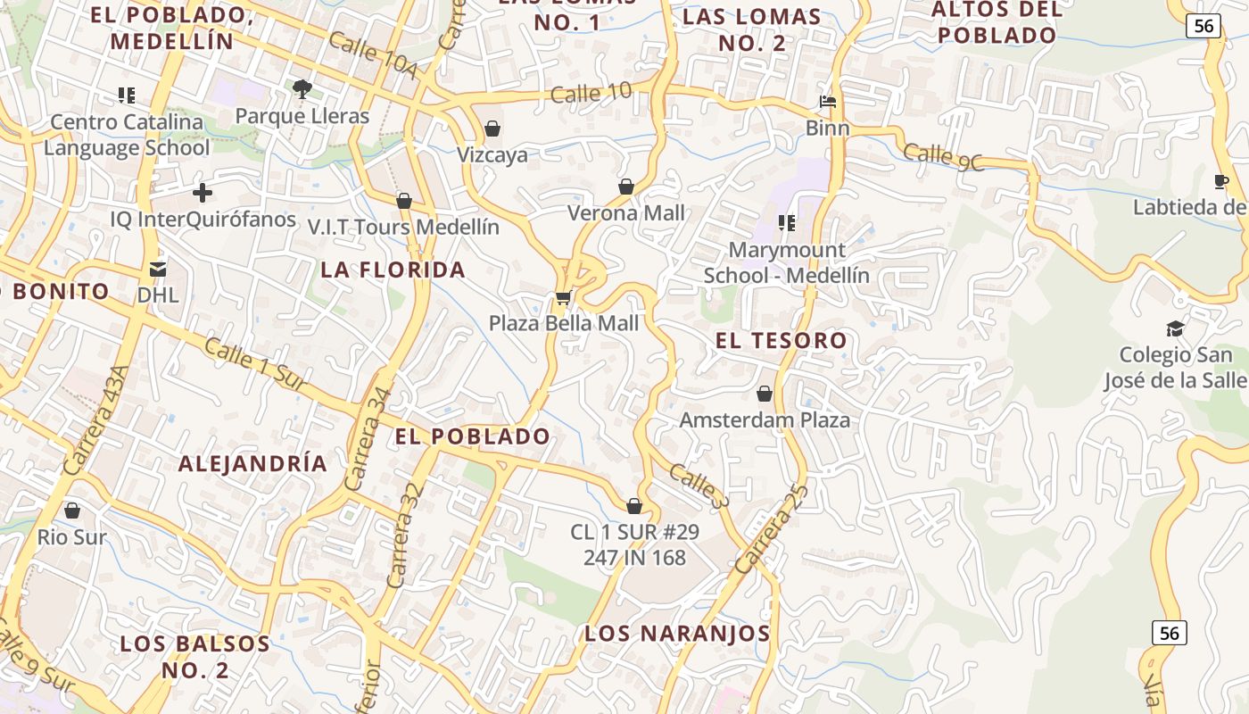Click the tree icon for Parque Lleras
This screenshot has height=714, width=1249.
[x=302, y=88]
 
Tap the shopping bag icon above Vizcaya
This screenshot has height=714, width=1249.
[x=492, y=129]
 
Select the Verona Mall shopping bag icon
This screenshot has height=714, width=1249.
[x=626, y=187]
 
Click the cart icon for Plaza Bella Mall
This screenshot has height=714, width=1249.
[x=563, y=297]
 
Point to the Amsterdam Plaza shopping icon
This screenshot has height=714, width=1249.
[x=765, y=394]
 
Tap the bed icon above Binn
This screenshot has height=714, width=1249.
[x=828, y=102]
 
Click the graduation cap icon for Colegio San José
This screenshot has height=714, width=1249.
[x=1175, y=328]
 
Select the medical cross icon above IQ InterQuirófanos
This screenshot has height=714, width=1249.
[x=203, y=192]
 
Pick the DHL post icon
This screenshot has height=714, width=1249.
[x=158, y=269]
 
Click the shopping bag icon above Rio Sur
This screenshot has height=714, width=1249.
[x=72, y=511]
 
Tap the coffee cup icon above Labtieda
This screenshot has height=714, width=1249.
[x=1221, y=182]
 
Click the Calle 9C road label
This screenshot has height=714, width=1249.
[x=942, y=157]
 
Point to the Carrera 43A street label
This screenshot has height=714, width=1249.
[x=96, y=419]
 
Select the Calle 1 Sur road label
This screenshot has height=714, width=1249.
[x=255, y=364]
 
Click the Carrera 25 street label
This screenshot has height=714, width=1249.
[x=772, y=528]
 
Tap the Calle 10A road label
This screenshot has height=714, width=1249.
[x=373, y=55]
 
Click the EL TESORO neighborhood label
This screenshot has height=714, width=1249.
[x=782, y=340]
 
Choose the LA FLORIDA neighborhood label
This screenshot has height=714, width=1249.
[x=393, y=270]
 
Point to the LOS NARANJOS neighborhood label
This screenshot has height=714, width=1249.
[x=677, y=634]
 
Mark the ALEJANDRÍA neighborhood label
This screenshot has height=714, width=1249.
[x=252, y=463]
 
